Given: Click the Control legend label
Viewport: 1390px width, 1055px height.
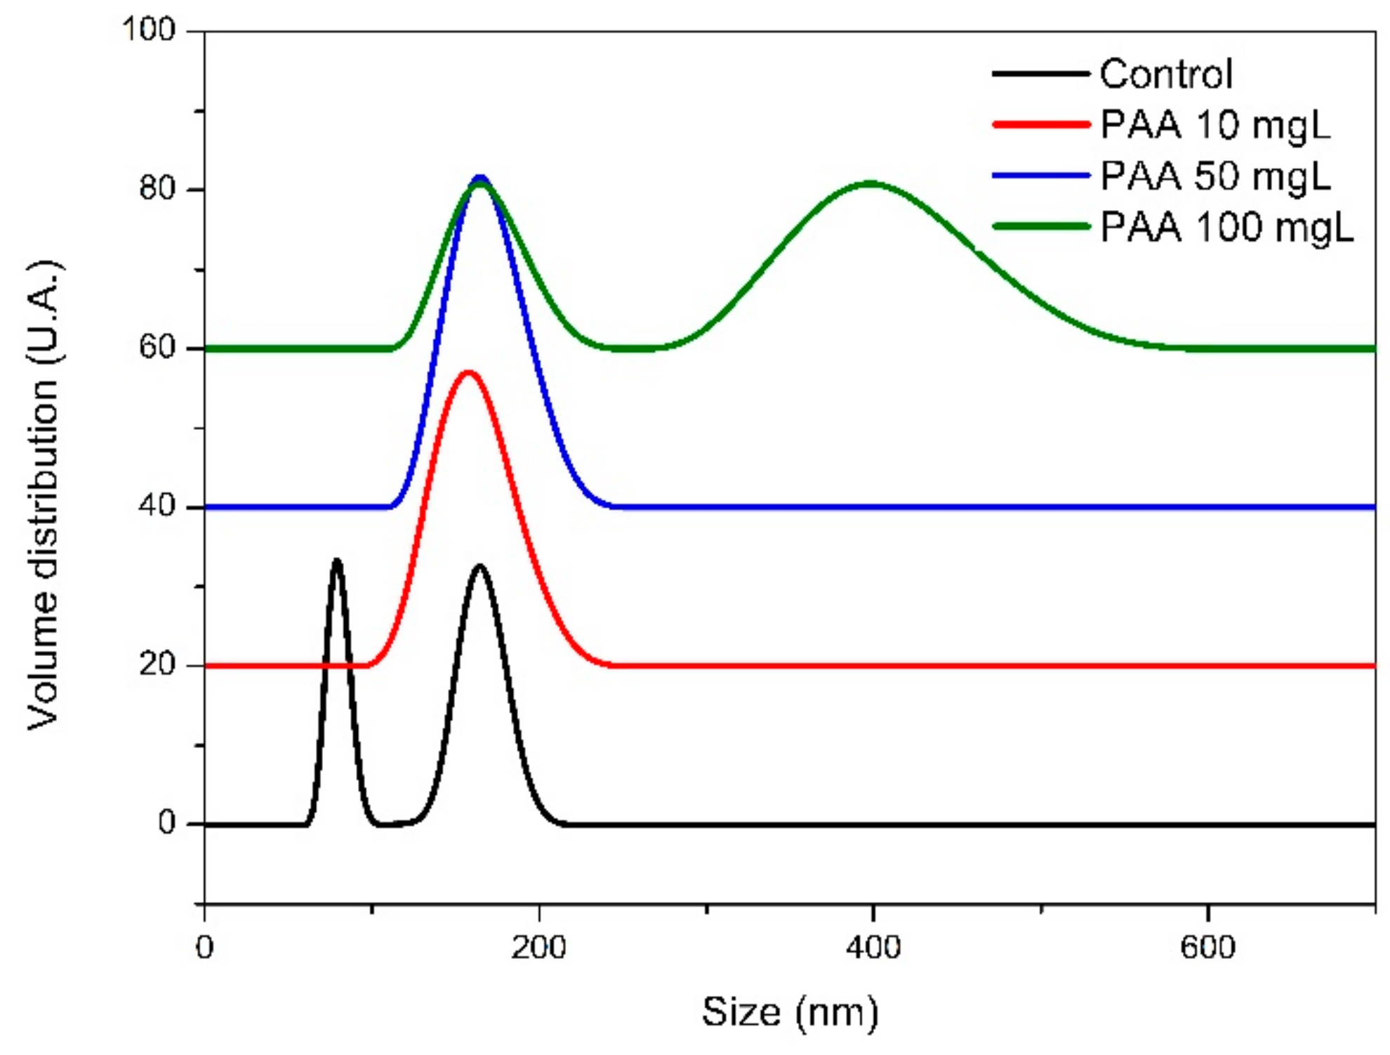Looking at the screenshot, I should click(1165, 74).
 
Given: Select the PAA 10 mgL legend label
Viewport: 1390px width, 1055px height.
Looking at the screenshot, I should click(1214, 126).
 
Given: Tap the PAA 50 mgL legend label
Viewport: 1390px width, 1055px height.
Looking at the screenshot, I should click(1214, 176).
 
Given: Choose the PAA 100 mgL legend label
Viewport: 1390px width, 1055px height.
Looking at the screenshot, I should click(1226, 228).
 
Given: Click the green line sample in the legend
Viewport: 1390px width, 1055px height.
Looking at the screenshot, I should click(1041, 226).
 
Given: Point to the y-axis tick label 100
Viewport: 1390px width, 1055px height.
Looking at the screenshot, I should click(148, 30).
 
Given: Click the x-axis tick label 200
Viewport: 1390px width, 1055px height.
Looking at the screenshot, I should click(538, 948).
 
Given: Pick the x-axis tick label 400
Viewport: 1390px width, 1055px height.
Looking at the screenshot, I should click(873, 948).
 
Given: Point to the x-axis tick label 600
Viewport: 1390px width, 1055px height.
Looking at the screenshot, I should click(1207, 948).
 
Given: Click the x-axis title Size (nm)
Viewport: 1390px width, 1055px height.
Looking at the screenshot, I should click(790, 1013).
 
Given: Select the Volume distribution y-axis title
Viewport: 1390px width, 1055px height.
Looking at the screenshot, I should click(44, 495).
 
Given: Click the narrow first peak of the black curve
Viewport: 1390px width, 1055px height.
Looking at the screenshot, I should click(337, 561).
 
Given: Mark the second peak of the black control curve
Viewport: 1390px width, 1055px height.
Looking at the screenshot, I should click(480, 566).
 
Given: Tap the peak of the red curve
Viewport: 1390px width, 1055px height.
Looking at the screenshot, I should click(468, 372).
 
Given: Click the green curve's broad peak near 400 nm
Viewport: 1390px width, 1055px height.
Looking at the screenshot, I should click(871, 184).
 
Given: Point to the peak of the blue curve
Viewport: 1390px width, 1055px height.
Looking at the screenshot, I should click(480, 177).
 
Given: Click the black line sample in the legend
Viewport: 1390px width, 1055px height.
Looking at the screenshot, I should click(1041, 73).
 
